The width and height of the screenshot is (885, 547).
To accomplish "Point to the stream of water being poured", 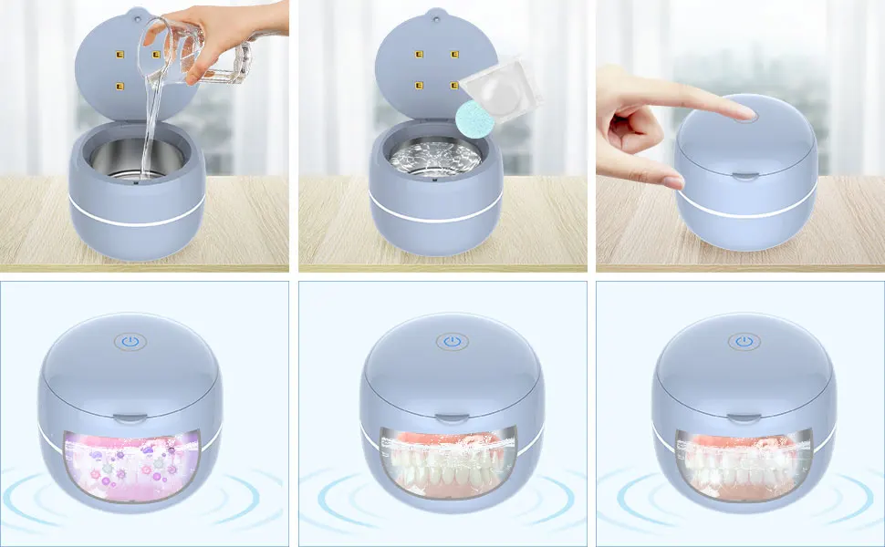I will coord(146,128).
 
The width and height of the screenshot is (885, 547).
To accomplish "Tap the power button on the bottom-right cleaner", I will coord(745,342).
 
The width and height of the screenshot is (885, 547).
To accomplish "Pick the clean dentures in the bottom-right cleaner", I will coord(739,460).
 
